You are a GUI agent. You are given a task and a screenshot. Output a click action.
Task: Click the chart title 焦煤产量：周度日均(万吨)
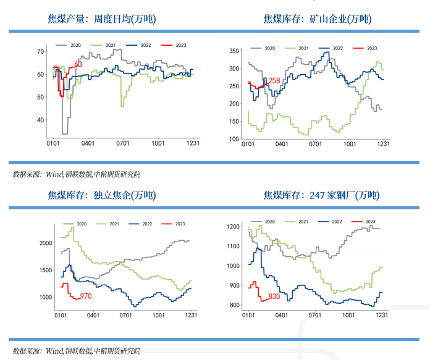click(102, 19)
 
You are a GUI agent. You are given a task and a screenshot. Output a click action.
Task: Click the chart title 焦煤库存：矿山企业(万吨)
click(318, 19)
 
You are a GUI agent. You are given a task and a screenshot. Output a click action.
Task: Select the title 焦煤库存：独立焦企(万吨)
click(102, 195)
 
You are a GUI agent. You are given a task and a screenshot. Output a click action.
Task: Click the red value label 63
click(78, 64)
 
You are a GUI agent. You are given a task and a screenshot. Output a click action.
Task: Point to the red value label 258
click(274, 81)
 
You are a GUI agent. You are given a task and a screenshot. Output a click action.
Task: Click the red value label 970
click(85, 297)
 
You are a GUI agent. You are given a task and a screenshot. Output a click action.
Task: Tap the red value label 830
click(274, 297)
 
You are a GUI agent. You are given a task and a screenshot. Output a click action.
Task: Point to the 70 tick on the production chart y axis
click(41, 51)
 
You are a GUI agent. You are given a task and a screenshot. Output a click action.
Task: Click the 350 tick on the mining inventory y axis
click(234, 51)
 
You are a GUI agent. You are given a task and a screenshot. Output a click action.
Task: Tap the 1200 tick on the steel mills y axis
click(232, 227)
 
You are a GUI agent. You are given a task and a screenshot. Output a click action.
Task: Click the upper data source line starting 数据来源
click(77, 175)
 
